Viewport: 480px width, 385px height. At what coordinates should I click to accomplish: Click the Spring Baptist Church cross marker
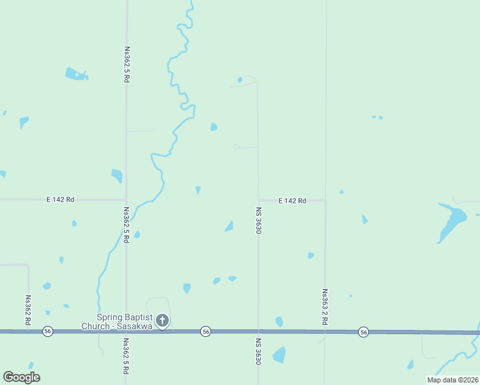[163, 320]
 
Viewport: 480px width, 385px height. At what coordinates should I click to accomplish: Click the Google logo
[21, 377]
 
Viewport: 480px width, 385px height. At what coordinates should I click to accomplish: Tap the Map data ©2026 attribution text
[452, 380]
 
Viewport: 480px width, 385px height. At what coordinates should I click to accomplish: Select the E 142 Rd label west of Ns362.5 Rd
[60, 200]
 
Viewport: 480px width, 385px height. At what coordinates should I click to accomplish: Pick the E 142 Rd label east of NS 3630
[292, 201]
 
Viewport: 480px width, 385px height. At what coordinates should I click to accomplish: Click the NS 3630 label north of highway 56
[259, 220]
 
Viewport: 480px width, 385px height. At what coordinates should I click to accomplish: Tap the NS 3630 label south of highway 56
[259, 352]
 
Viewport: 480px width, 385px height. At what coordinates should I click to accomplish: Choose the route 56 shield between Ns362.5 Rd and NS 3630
[205, 331]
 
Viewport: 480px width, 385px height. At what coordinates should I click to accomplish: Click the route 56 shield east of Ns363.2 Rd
[364, 332]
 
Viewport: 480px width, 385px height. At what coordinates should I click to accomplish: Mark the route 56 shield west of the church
[47, 331]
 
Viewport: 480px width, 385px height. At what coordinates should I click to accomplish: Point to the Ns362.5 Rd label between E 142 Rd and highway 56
[126, 224]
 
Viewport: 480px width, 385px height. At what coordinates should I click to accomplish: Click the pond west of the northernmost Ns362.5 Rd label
[76, 74]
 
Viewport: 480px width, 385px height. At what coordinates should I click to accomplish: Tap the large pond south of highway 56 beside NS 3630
[279, 355]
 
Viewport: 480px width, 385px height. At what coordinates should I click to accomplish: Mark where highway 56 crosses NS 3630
[259, 332]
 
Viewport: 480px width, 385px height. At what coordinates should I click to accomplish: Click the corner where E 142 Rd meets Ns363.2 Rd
[325, 201]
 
